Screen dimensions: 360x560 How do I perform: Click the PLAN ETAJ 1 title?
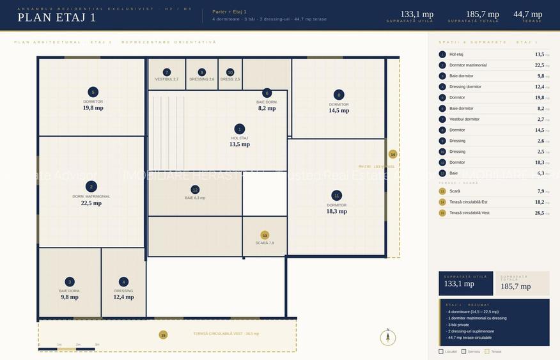(x=57, y=18)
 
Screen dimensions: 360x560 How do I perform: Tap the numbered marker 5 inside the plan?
(x=93, y=92)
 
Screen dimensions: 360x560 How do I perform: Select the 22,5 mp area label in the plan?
(x=91, y=203)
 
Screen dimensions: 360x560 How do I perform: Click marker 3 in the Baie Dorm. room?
(x=70, y=282)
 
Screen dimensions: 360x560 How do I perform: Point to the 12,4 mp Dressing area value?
(x=123, y=297)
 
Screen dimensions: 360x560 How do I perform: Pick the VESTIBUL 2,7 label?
(x=167, y=79)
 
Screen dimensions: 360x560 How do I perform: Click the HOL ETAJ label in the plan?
(x=240, y=138)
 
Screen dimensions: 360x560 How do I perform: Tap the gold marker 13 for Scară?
(x=265, y=235)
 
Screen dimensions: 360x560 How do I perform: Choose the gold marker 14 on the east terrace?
(x=393, y=154)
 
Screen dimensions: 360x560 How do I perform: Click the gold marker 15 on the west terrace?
(x=163, y=334)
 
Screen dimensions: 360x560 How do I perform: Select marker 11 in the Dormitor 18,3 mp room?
(x=337, y=196)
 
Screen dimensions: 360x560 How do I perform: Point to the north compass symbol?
(x=387, y=337)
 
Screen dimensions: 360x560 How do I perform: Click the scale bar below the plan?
(x=67, y=349)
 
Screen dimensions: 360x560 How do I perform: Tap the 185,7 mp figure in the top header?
(x=482, y=14)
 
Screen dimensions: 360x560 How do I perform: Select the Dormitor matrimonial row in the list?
(x=468, y=65)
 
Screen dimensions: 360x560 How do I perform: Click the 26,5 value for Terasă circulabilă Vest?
(x=539, y=213)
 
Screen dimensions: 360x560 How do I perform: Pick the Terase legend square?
(x=487, y=351)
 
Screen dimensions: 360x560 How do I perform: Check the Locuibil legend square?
(x=441, y=351)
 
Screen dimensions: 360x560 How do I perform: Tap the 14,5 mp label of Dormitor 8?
(x=339, y=111)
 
